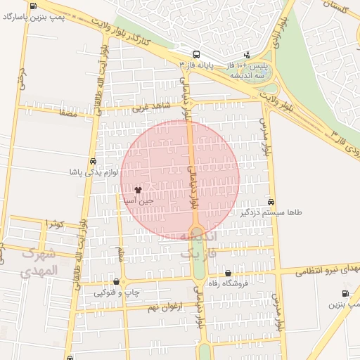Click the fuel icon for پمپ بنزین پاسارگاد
click(x=33, y=6)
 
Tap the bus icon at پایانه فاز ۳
click(x=195, y=54)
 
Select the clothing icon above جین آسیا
click(x=138, y=190)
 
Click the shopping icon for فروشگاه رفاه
click(x=228, y=274)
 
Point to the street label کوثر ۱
click(x=55, y=224)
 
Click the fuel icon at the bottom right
click(x=345, y=294)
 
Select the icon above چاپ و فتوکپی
click(x=116, y=282)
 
